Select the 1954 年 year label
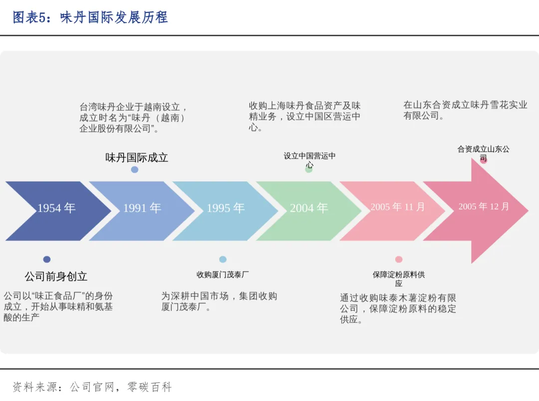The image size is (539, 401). (x=56, y=208)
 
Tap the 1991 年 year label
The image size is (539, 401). (x=142, y=208)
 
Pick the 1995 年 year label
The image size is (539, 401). (x=226, y=208)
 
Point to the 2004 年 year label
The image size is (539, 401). (x=309, y=208)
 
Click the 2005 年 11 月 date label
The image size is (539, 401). (x=398, y=206)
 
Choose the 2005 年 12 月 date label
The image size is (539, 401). (x=484, y=206)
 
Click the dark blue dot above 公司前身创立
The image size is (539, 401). (x=47, y=259)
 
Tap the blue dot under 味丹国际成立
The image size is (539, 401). (x=135, y=170)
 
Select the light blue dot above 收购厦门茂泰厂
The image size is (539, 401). (x=223, y=259)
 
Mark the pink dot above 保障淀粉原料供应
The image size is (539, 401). (x=399, y=259)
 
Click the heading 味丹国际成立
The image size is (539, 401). (x=137, y=158)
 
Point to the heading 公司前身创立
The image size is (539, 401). (x=56, y=276)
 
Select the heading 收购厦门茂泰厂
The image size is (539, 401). (x=223, y=275)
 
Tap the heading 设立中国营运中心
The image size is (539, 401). (x=309, y=160)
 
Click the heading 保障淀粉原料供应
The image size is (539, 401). (x=399, y=279)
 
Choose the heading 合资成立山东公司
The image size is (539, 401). (x=483, y=153)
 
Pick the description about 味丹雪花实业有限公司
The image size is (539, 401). (x=465, y=110)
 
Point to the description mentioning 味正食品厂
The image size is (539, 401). (x=58, y=306)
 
